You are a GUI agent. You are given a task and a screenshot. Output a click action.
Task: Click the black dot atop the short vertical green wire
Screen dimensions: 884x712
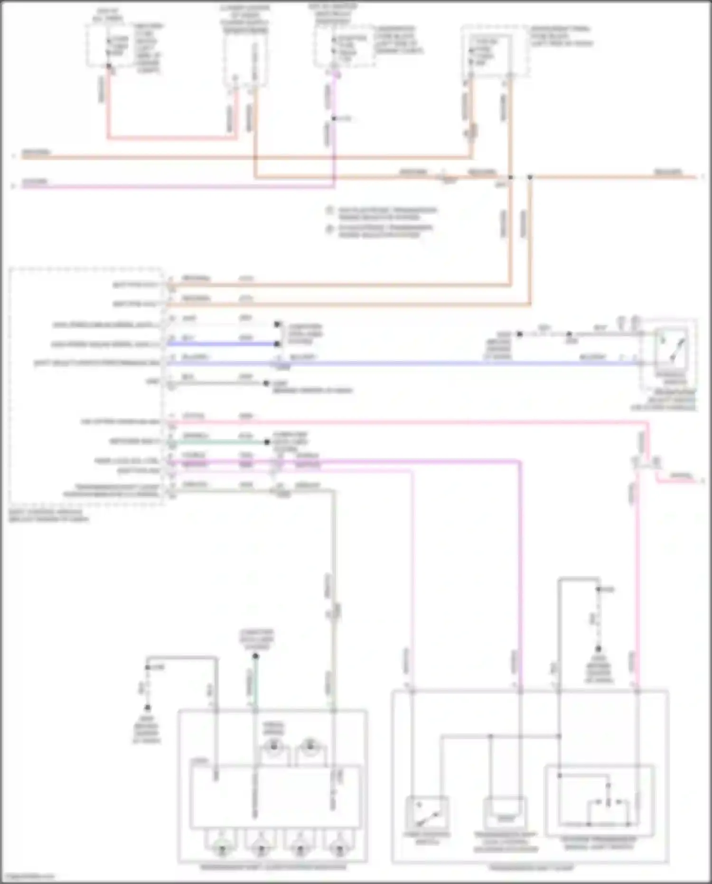click(x=255, y=656)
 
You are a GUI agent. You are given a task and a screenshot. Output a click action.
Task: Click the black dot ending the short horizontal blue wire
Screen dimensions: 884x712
click(x=277, y=343)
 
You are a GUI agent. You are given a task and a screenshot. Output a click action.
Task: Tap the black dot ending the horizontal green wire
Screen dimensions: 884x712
click(x=267, y=442)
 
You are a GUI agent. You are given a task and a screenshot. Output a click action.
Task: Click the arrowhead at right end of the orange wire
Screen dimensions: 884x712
click(x=703, y=177)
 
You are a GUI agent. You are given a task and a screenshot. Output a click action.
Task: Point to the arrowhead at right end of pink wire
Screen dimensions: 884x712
click(x=703, y=482)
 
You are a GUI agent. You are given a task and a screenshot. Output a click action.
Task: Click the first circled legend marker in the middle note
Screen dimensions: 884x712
click(x=329, y=210)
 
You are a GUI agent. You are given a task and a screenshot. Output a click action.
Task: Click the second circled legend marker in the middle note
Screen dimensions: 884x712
click(x=329, y=229)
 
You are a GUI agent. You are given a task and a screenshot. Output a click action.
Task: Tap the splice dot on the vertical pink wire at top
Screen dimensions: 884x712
click(x=334, y=118)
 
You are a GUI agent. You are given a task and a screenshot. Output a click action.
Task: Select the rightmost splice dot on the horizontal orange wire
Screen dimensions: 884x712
click(x=530, y=177)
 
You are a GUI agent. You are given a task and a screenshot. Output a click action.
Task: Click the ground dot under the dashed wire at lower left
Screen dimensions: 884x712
click(x=147, y=707)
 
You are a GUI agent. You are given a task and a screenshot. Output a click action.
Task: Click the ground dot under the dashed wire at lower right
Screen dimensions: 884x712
click(x=599, y=649)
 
